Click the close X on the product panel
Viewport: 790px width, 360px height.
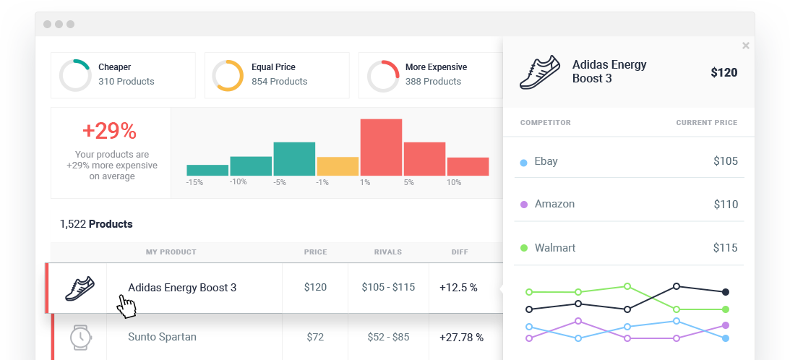(745, 46)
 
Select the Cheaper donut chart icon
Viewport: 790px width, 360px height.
(75, 75)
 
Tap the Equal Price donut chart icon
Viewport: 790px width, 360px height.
(228, 75)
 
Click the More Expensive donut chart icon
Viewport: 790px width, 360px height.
(383, 75)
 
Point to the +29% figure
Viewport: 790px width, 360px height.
(109, 131)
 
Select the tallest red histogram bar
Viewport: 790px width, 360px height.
(381, 147)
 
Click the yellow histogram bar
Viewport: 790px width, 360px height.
(338, 166)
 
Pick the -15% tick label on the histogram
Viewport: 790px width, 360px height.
(194, 182)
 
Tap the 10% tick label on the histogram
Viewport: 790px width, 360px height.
(453, 182)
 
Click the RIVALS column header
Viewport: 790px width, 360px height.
(388, 252)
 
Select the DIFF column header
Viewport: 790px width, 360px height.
(459, 252)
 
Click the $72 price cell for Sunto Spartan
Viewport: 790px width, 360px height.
(315, 337)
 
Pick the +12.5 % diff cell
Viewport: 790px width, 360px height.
(458, 288)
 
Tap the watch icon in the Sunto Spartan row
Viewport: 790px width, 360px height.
(80, 337)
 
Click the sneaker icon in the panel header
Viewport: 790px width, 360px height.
(540, 72)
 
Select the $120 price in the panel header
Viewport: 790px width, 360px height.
(724, 72)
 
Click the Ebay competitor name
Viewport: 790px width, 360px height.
(546, 161)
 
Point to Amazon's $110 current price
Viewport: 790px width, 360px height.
(725, 205)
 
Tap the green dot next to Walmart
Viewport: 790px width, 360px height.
(524, 249)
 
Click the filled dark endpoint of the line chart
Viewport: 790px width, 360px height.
(726, 292)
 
